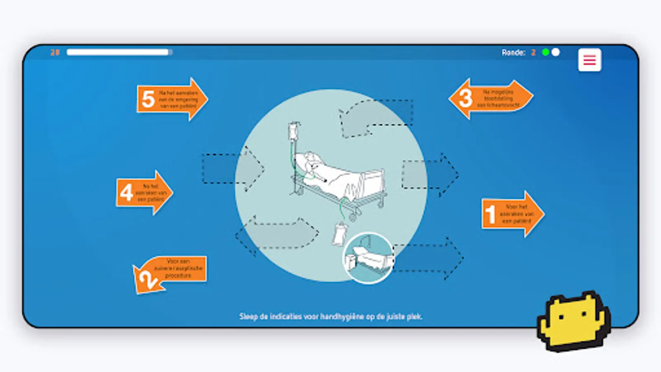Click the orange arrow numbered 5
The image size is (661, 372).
tap(171, 99)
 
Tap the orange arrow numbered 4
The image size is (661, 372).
tap(144, 193)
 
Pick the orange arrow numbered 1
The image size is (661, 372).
tap(512, 214)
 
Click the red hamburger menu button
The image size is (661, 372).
tap(589, 60)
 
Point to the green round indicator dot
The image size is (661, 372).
tap(545, 52)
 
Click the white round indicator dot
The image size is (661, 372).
tap(556, 52)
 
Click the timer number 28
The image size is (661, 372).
tap(55, 52)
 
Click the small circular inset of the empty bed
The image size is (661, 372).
tap(368, 258)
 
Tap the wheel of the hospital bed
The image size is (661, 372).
tap(353, 217)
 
